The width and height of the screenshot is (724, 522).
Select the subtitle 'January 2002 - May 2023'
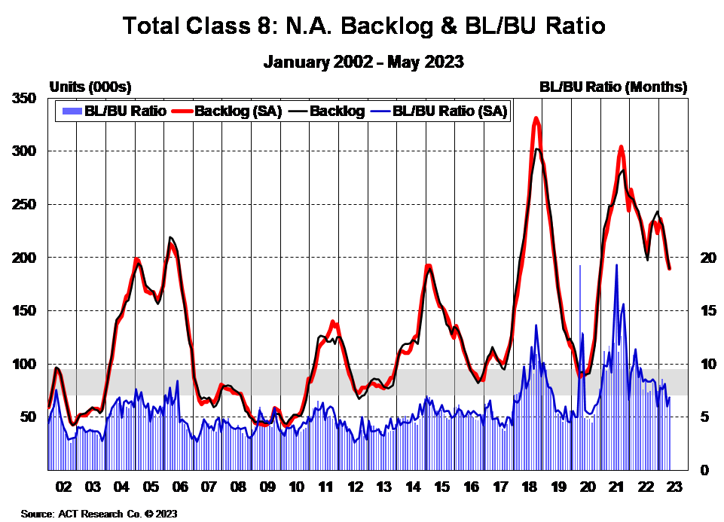[364, 61]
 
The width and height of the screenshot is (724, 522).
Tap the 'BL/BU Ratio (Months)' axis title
[613, 87]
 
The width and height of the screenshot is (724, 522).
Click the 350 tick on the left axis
[25, 99]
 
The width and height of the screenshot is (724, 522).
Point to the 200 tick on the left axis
[25, 258]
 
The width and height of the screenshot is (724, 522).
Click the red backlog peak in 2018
[536, 118]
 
